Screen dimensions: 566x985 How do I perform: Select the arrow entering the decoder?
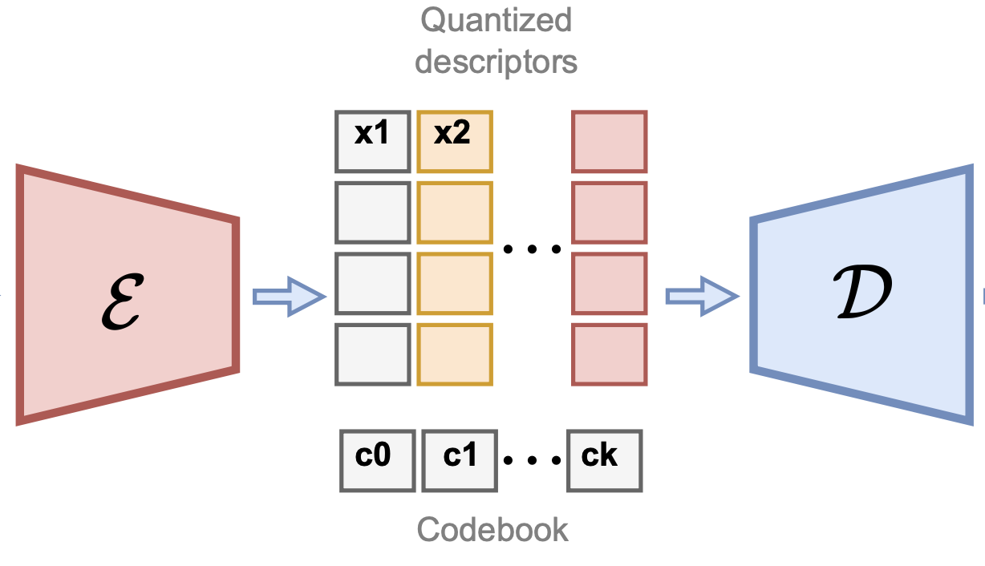point(701,297)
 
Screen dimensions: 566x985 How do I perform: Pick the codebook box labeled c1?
point(460,460)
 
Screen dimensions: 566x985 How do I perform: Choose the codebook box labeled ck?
point(604,460)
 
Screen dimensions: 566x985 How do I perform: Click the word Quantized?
point(496,21)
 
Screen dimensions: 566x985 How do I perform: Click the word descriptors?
point(496,62)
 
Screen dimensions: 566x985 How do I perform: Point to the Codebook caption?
point(492,529)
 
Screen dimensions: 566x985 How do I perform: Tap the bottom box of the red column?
point(609,354)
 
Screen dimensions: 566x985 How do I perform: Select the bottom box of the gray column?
point(372,354)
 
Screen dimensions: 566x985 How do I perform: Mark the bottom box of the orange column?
point(454,354)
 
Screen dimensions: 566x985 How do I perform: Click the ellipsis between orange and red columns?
point(532,249)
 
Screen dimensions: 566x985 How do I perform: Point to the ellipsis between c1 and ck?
point(532,461)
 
